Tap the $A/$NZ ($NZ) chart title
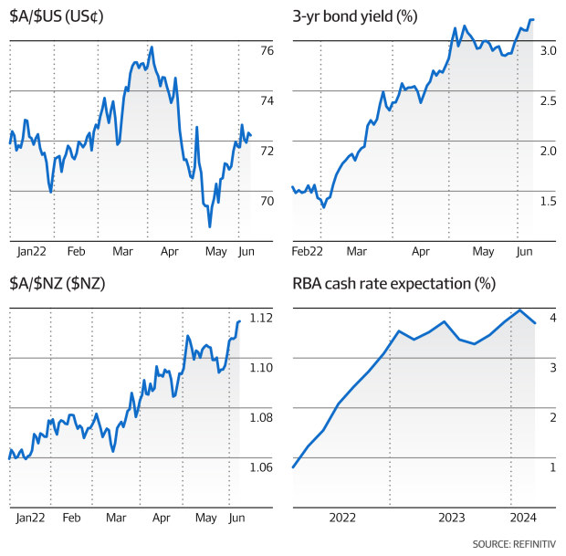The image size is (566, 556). pyautogui.click(x=56, y=284)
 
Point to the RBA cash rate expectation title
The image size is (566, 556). pyautogui.click(x=393, y=284)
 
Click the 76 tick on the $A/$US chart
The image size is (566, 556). pyautogui.click(x=267, y=52)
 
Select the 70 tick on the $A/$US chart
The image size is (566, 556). pyautogui.click(x=267, y=201)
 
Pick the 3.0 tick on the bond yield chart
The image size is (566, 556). pyautogui.click(x=548, y=52)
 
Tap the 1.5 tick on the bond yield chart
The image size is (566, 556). pyautogui.click(x=548, y=201)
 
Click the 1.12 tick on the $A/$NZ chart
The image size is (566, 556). pyautogui.click(x=261, y=319)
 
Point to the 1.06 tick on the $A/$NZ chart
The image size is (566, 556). pyautogui.click(x=261, y=468)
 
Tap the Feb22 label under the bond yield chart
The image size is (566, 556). pyautogui.click(x=309, y=250)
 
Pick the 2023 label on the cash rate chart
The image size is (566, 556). pyautogui.click(x=451, y=518)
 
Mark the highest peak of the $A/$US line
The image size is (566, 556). pyautogui.click(x=151, y=47)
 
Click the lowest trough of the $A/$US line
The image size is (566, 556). pyautogui.click(x=209, y=226)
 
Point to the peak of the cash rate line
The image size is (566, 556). pyautogui.click(x=519, y=310)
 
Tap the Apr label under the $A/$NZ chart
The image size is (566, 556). pyautogui.click(x=161, y=518)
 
